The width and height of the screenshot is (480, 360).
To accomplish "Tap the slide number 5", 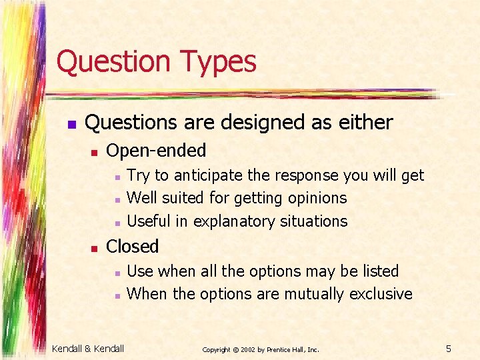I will coord(449,349).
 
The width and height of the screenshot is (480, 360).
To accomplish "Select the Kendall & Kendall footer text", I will coord(88,349).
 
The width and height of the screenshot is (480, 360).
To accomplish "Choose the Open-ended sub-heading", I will coord(156,151).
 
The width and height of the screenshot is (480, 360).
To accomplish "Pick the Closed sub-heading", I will coord(133,247).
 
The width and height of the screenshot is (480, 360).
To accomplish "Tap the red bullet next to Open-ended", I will coord(95,153).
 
